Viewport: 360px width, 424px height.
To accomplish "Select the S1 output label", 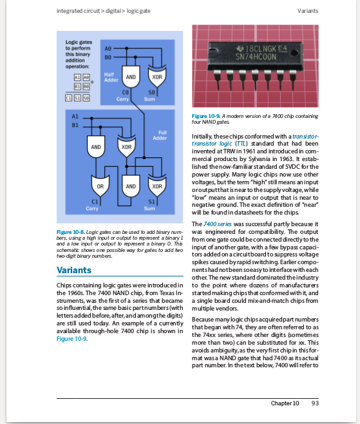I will (153, 202).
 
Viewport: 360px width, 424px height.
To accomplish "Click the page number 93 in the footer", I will (315, 403).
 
